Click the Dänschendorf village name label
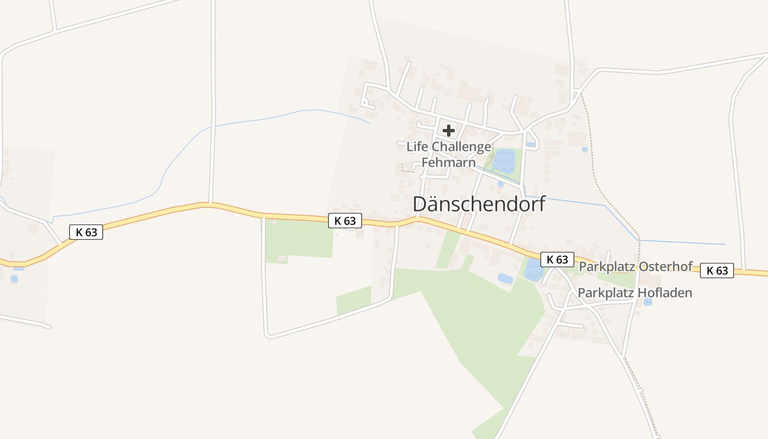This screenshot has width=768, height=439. click(479, 204)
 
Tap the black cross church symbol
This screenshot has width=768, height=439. click(449, 131)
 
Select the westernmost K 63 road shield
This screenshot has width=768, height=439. click(86, 232)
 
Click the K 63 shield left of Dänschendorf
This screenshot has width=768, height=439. click(345, 221)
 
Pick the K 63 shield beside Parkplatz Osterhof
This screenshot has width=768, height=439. click(557, 260)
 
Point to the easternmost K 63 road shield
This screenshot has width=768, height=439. click(717, 271)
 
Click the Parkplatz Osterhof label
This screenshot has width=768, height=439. click(636, 267)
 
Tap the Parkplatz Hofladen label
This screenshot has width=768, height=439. click(635, 293)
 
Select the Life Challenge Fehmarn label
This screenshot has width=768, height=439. click(449, 155)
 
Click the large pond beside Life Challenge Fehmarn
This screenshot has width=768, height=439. click(504, 161)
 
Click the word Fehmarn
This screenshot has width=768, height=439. click(448, 163)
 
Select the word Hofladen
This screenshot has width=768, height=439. click(664, 293)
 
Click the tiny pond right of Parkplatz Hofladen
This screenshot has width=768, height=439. click(648, 301)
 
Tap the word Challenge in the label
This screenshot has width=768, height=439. click(461, 147)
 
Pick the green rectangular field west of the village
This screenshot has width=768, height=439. click(299, 240)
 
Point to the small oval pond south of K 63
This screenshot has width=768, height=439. click(505, 279)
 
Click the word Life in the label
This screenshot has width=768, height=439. click(417, 147)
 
